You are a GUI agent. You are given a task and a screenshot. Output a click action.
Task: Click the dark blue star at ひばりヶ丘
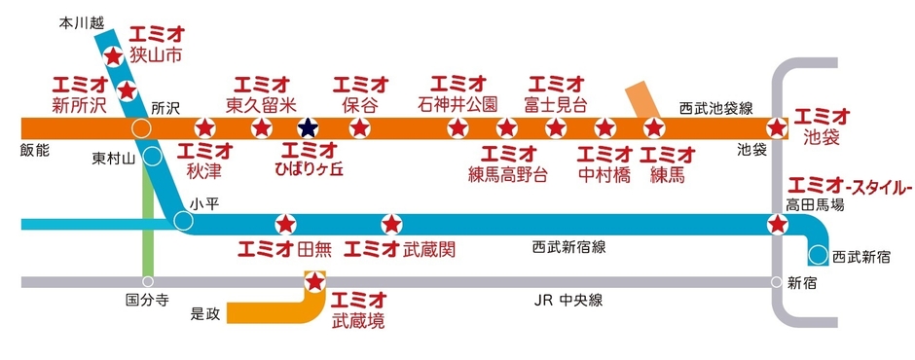(308, 127)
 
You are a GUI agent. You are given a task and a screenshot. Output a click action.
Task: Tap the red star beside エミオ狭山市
(113, 57)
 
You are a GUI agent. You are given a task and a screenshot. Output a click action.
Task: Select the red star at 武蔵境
(314, 283)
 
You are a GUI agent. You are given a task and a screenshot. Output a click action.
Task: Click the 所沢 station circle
(142, 127)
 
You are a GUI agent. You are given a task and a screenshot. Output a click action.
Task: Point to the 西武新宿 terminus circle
(818, 256)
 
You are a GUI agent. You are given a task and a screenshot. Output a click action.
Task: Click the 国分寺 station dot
(148, 283)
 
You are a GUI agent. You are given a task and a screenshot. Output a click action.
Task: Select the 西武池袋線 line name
(716, 105)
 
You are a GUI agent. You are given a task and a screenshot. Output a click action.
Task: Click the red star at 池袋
(776, 127)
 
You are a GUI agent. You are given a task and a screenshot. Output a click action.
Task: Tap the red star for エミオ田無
(284, 224)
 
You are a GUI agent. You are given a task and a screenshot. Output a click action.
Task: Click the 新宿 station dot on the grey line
(776, 283)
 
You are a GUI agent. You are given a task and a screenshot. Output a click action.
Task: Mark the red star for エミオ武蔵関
(389, 224)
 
